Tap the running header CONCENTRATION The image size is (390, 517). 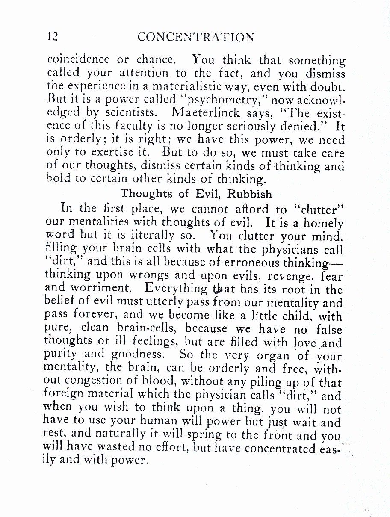(x=196, y=38)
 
